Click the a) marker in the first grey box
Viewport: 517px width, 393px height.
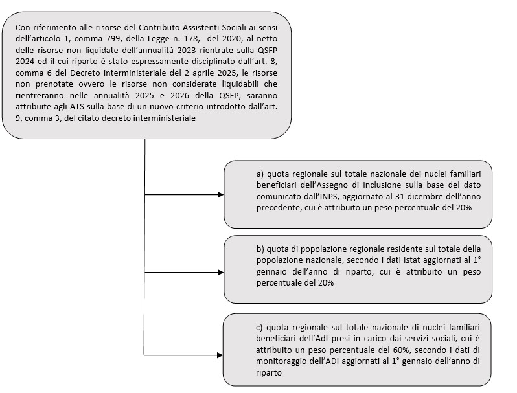point(260,174)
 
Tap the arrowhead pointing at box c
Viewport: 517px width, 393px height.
point(220,355)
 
